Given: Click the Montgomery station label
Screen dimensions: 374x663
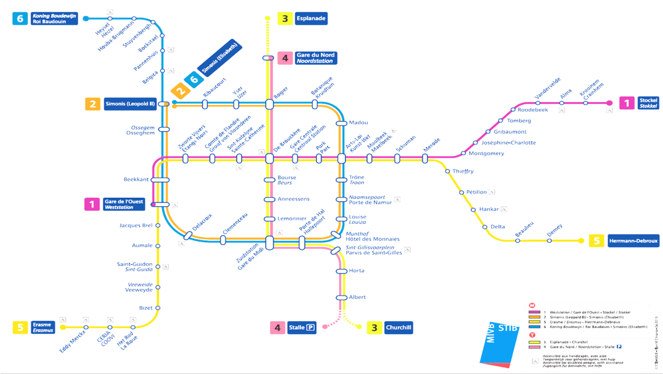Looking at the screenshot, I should click(486, 153).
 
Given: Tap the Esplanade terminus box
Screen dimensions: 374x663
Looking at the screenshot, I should click(311, 19).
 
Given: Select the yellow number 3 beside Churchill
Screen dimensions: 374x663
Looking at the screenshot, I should click(374, 328).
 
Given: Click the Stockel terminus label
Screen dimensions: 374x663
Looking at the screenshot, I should click(648, 103).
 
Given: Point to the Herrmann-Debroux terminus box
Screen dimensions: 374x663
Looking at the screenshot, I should click(633, 241).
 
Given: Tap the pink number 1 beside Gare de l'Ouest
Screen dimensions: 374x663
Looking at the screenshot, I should click(92, 204).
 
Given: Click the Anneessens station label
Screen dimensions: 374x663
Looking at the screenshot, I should click(293, 199).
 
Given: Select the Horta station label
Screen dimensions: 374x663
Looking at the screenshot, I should click(357, 271).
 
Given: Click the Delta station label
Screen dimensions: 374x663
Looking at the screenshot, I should click(498, 226).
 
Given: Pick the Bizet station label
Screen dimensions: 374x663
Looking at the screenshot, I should click(146, 307).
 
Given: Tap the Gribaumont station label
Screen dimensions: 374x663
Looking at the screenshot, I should click(510, 132).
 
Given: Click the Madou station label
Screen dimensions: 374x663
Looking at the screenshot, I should click(358, 123).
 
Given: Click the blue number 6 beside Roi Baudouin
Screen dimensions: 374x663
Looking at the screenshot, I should click(20, 19).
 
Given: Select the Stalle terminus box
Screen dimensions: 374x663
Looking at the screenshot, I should click(302, 328).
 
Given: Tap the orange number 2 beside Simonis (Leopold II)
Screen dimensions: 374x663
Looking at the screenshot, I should click(93, 104).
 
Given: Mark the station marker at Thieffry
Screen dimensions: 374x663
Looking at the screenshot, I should click(447, 172).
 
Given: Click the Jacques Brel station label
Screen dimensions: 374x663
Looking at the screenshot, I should click(136, 225).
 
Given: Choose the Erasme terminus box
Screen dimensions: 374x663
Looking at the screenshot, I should click(43, 327).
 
